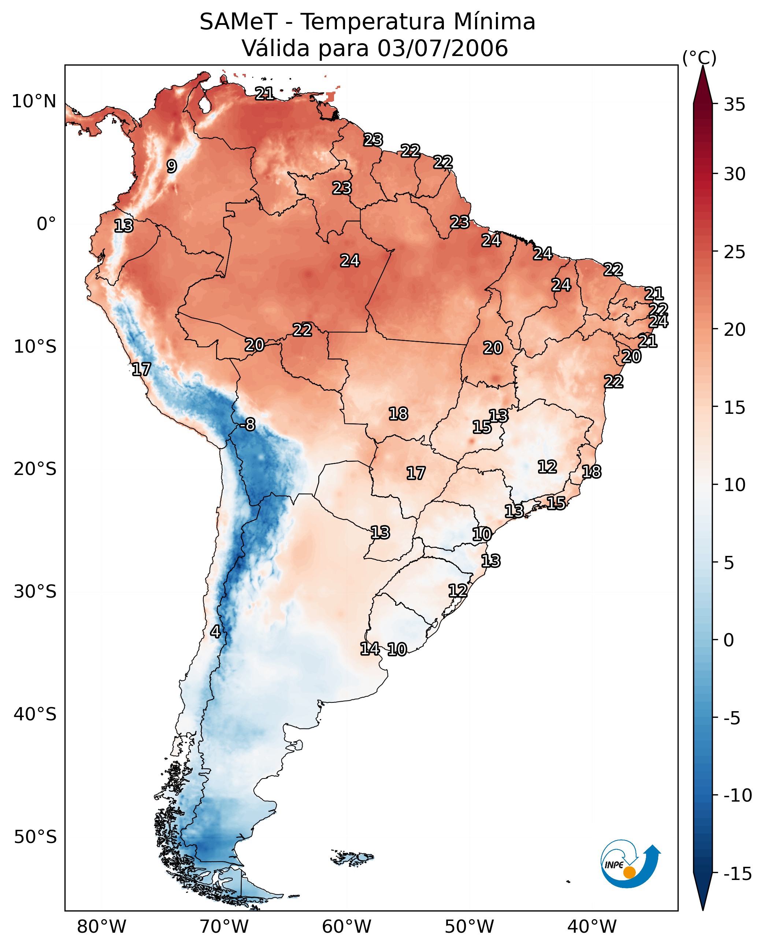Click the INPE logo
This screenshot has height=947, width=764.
[x=630, y=865]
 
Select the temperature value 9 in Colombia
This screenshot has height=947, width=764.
[x=172, y=166]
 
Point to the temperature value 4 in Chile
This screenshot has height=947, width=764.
[x=215, y=631]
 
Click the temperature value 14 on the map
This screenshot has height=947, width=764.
[x=370, y=649]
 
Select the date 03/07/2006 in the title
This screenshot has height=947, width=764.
[x=442, y=48]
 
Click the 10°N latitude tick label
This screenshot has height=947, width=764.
[x=34, y=102]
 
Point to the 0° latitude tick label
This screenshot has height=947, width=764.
[x=46, y=224]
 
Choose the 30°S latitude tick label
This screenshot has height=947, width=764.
[x=35, y=592]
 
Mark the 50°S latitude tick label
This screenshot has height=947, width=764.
[x=35, y=837]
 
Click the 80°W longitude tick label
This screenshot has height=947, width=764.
[x=102, y=926]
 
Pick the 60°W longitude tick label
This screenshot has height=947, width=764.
[x=347, y=926]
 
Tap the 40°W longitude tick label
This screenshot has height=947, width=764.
[x=592, y=926]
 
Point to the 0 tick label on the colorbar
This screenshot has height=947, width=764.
[x=729, y=640]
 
